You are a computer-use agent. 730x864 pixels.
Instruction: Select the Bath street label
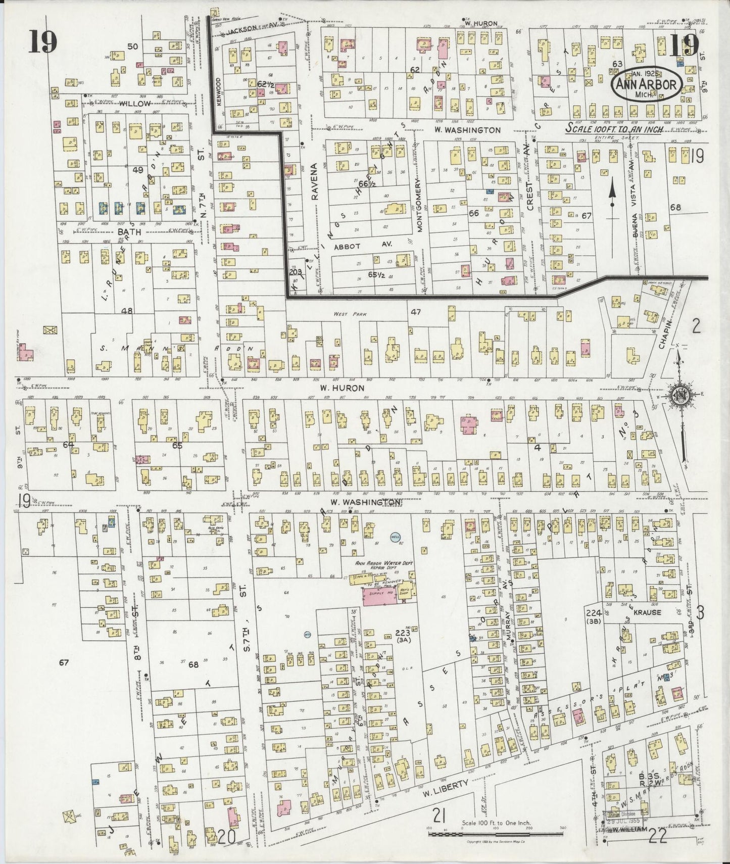129,232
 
